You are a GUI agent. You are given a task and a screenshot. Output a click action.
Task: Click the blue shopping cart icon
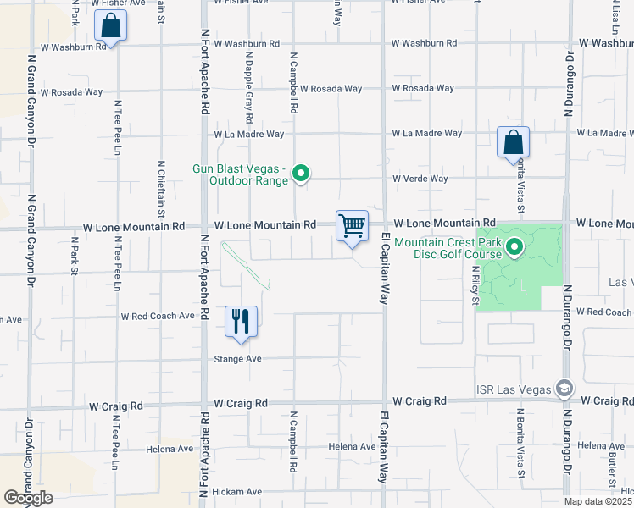[x=352, y=226]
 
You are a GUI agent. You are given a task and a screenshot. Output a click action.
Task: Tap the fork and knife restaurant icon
[x=241, y=322]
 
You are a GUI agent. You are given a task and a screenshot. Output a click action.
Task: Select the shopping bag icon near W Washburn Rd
[x=111, y=27]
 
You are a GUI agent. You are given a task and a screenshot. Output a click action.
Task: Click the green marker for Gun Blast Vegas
[x=300, y=174]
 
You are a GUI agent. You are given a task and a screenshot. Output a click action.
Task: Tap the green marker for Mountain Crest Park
[x=514, y=247]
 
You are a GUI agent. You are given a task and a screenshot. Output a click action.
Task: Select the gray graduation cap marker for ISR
[x=564, y=389]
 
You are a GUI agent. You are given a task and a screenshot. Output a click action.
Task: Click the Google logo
[x=28, y=498]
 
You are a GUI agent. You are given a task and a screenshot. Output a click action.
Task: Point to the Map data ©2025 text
[x=598, y=502]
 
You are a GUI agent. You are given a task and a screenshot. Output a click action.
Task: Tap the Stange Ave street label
[x=237, y=359]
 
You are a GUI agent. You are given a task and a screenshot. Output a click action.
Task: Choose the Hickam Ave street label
[x=236, y=492]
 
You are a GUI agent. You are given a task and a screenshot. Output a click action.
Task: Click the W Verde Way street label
[x=420, y=179]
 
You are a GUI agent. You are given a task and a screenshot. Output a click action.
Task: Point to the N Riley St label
[x=475, y=285]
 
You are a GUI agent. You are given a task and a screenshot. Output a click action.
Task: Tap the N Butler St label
[x=611, y=467]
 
